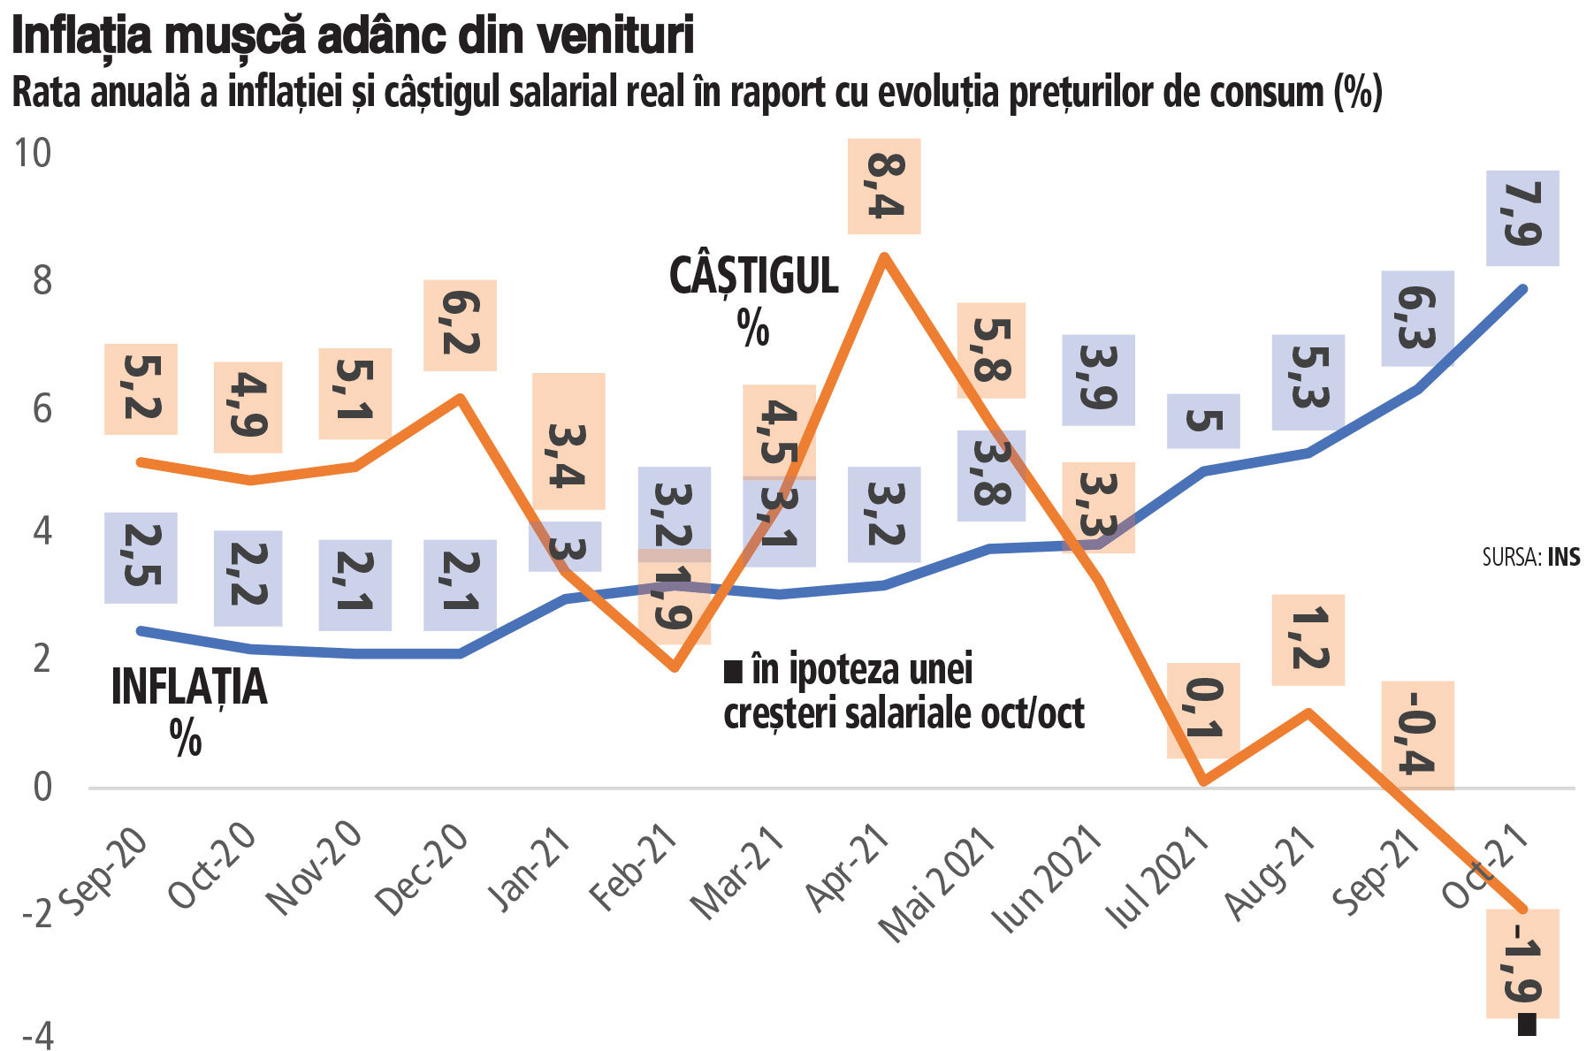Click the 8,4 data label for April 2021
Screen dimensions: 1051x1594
click(x=883, y=187)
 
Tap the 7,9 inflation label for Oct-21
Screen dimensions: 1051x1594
click(x=1522, y=217)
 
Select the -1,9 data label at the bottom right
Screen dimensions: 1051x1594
click(x=1522, y=963)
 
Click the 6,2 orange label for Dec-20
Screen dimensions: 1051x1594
click(x=459, y=325)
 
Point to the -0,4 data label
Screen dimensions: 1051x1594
click(x=1417, y=735)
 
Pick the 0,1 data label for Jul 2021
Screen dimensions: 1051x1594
click(x=1202, y=711)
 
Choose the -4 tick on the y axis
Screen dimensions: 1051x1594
click(x=35, y=1036)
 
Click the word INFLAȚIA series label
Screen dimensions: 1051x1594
click(x=188, y=688)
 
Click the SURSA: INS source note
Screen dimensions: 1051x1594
click(x=1530, y=557)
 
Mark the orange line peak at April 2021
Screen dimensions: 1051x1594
click(x=883, y=256)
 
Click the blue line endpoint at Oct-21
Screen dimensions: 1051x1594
click(x=1522, y=288)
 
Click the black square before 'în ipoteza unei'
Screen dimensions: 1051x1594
click(x=732, y=673)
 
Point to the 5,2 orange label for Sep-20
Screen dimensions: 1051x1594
click(x=141, y=389)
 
